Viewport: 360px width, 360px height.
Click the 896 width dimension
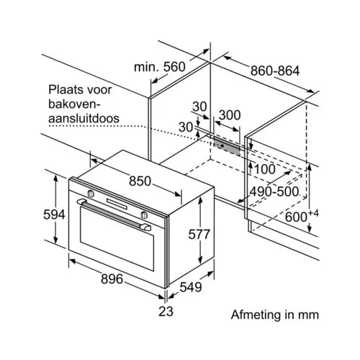point(112,279)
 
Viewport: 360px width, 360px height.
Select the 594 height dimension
point(54,215)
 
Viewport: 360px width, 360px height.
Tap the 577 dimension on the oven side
point(199,234)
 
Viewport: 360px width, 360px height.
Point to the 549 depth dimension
point(191,287)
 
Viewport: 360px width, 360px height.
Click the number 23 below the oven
point(166,311)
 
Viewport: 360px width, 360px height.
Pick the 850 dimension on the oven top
point(140,181)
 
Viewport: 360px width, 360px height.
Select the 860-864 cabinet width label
point(275,71)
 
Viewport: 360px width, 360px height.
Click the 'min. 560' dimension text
point(160,67)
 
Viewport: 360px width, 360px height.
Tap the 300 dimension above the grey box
point(230,115)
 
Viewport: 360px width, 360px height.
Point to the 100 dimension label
point(264,169)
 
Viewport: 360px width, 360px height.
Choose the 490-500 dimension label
point(274,192)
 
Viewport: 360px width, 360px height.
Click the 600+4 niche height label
point(302,216)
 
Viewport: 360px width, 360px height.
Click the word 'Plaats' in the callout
point(63,90)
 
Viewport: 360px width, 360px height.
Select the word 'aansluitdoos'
point(84,118)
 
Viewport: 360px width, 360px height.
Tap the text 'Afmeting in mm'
point(275,315)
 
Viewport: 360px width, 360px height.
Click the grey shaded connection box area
point(227,146)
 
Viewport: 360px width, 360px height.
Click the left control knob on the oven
point(91,193)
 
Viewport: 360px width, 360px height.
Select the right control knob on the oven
point(144,215)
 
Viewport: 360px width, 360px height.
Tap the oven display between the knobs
point(117,204)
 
